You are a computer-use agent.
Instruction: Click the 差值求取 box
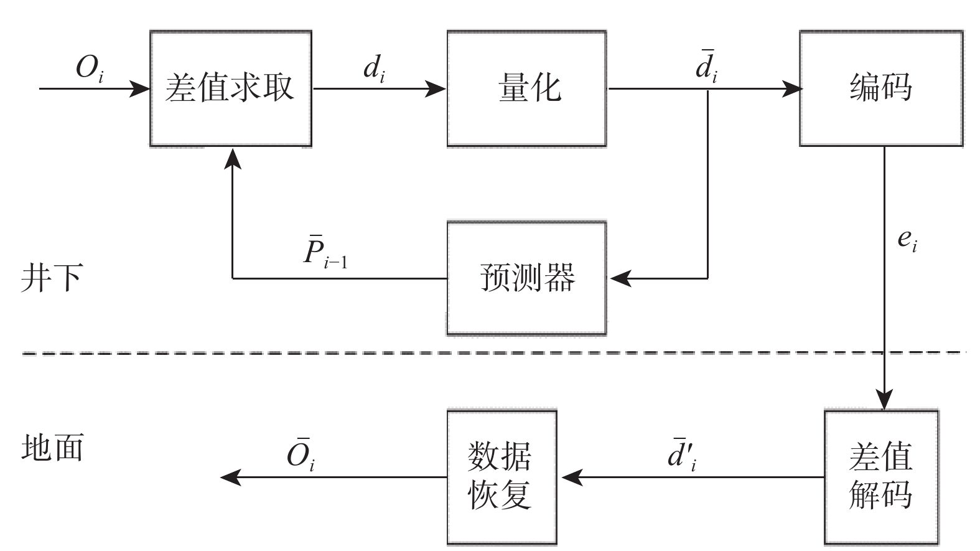[x=230, y=88]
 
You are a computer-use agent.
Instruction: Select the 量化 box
[x=526, y=88]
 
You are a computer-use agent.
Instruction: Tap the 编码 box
[x=881, y=88]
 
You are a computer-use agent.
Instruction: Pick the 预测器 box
[x=526, y=278]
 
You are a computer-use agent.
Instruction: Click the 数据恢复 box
[x=501, y=478]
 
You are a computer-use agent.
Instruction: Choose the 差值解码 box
[x=881, y=478]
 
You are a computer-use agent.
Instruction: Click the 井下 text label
[x=51, y=278]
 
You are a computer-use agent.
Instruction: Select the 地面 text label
[x=52, y=448]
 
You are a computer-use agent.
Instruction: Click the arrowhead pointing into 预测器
[x=620, y=278]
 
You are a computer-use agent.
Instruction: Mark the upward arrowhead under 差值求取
[x=233, y=158]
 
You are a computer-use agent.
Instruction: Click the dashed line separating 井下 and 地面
[x=436, y=353]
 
